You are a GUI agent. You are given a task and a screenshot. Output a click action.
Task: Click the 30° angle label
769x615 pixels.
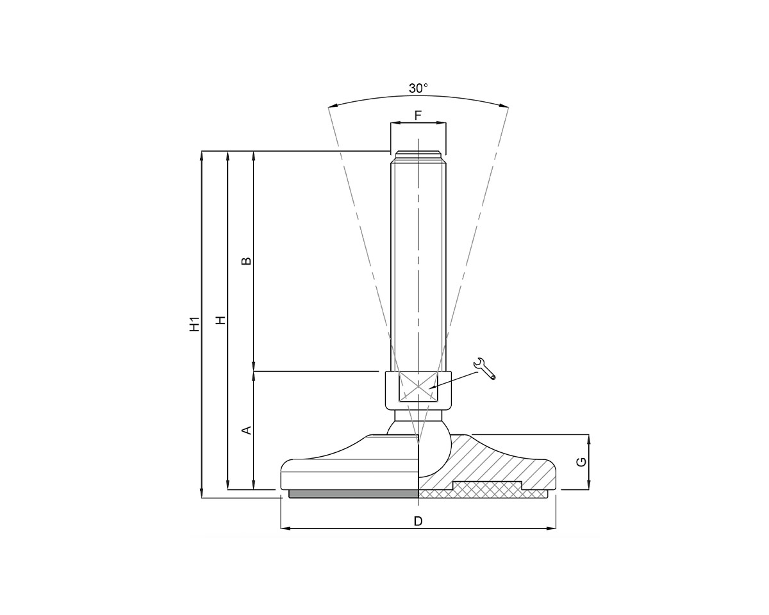click(x=418, y=88)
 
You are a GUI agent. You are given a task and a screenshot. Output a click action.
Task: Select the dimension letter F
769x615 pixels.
click(x=418, y=115)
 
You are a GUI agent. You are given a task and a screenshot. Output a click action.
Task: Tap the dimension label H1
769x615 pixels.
click(x=195, y=324)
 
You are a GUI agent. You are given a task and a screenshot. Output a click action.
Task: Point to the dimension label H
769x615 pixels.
click(x=220, y=320)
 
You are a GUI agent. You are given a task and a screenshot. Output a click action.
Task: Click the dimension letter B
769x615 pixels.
click(x=246, y=261)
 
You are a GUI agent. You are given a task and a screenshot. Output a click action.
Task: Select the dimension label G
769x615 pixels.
click(x=581, y=462)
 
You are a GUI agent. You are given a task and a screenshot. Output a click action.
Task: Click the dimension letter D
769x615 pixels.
click(x=418, y=521)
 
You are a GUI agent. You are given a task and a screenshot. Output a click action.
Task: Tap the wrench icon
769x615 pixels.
click(x=484, y=369)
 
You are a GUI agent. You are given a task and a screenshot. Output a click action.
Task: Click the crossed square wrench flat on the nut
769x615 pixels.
click(x=418, y=388)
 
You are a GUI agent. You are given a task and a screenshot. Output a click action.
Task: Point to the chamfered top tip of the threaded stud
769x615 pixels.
click(x=418, y=154)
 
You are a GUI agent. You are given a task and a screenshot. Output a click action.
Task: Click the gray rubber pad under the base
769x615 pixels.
click(x=353, y=494)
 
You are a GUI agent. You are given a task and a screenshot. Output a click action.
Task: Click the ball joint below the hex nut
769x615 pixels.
click(x=433, y=448)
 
